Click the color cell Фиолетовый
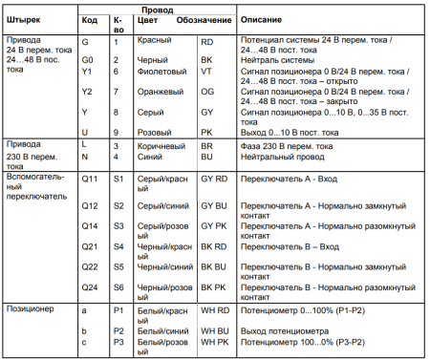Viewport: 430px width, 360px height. coord(161,70)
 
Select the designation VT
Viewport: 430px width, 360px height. coord(205,70)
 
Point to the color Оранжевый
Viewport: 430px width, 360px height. coord(160,92)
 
